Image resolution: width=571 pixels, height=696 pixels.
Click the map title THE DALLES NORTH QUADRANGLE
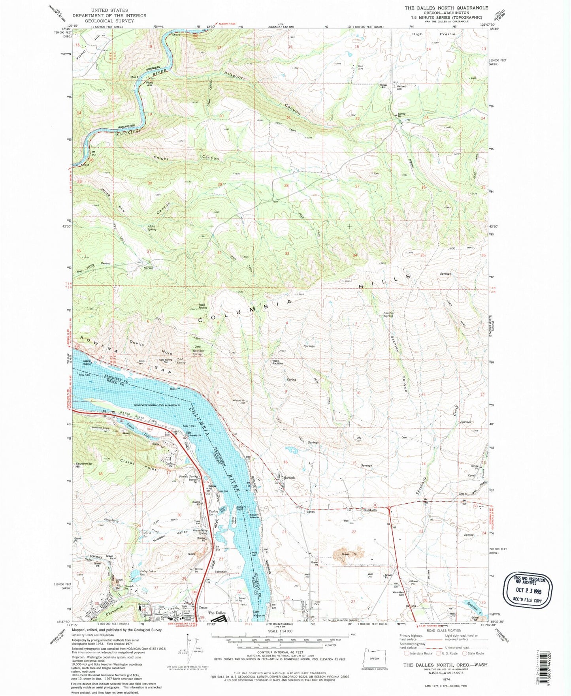tap(446, 8)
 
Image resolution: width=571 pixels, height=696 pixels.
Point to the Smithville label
tap(370, 510)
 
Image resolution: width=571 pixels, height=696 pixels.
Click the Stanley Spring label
tap(388, 314)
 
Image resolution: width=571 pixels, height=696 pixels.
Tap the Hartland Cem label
tap(401, 87)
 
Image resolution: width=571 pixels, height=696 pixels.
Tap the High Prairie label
tap(434, 34)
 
